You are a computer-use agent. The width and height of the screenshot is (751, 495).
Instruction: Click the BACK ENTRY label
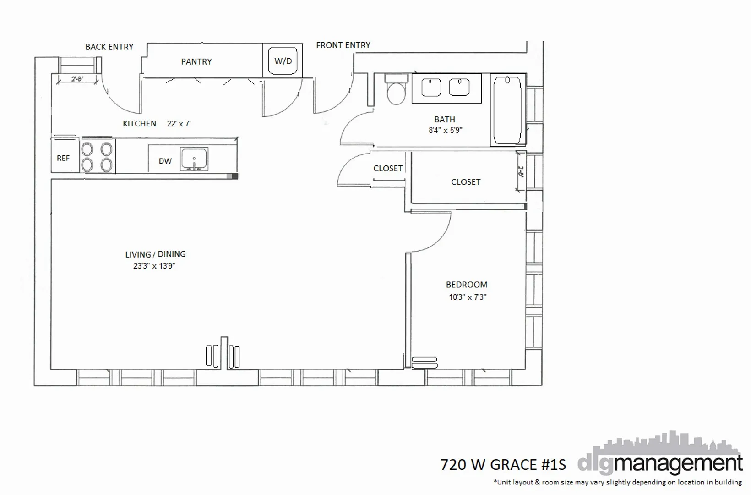click(109, 47)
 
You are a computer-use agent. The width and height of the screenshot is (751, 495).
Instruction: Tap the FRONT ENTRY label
click(343, 45)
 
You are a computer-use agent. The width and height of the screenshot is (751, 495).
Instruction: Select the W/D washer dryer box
click(283, 61)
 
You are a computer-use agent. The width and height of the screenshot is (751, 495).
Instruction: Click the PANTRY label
click(196, 61)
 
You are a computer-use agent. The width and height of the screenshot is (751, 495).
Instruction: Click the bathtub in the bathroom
click(507, 110)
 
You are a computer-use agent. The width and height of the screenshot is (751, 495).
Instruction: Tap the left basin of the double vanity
click(431, 88)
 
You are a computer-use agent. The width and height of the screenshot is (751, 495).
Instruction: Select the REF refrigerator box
click(64, 158)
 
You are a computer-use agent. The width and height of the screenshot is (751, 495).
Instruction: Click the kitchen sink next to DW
click(194, 159)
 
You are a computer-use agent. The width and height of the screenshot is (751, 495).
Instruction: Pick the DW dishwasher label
click(165, 161)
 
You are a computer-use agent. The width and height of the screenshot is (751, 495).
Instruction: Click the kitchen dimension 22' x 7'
click(179, 124)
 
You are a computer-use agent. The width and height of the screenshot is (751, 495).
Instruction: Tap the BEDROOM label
click(467, 285)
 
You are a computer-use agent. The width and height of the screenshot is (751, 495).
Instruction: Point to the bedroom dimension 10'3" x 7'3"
click(467, 297)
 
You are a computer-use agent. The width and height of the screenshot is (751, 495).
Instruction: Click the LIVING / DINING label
click(155, 254)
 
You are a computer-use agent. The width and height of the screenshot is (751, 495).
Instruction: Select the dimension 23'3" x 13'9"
click(154, 266)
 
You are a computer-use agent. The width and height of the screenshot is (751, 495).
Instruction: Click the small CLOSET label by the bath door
click(388, 168)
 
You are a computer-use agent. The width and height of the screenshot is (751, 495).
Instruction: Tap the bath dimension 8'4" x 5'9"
click(445, 130)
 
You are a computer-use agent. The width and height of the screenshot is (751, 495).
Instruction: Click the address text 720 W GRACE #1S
click(503, 465)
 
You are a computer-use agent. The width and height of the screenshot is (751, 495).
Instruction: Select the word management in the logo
click(678, 464)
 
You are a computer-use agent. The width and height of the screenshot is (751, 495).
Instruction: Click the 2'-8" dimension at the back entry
click(77, 79)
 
